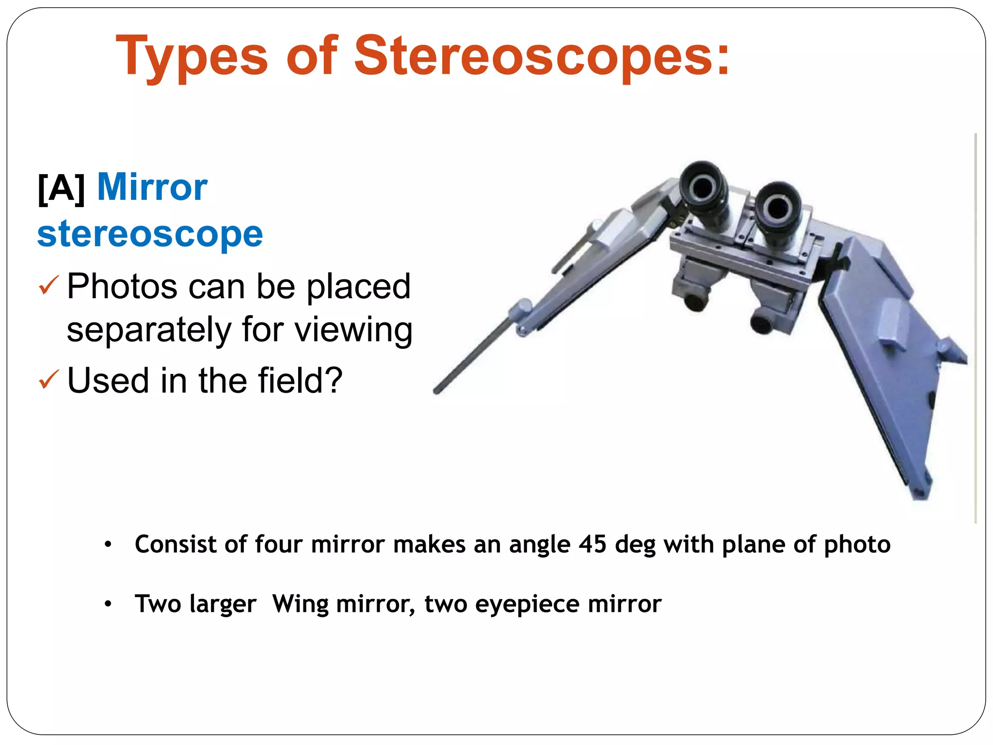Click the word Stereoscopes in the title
pyautogui.click(x=541, y=56)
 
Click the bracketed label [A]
pyautogui.click(x=62, y=188)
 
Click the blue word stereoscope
pyautogui.click(x=150, y=234)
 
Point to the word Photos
pyautogui.click(x=122, y=286)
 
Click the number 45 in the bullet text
pyautogui.click(x=592, y=544)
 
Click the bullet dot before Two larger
pyautogui.click(x=108, y=604)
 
